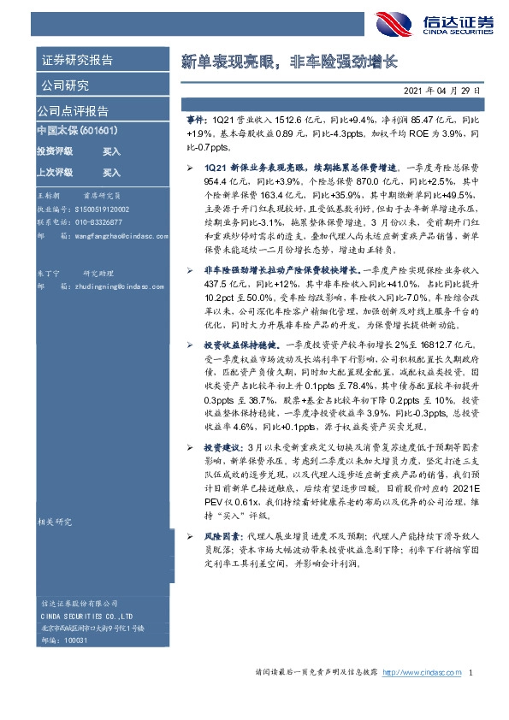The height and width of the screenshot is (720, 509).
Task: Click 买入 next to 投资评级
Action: click(x=112, y=150)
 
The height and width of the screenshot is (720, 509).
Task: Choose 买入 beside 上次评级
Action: click(x=112, y=172)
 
